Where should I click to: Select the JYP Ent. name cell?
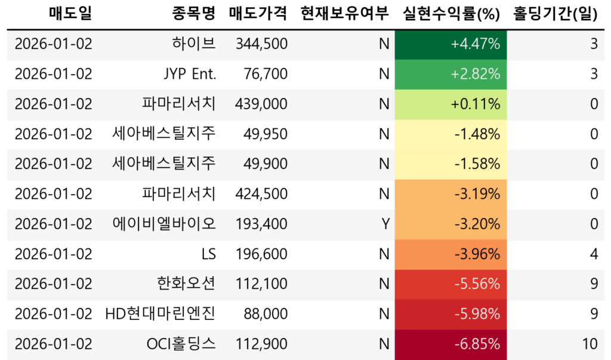(189, 74)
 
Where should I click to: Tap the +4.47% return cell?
(451, 44)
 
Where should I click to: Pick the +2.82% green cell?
(451, 74)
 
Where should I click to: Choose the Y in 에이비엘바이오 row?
(385, 224)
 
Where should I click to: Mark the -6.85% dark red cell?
(451, 344)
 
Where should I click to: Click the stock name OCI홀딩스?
(181, 344)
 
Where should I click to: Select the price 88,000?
(266, 314)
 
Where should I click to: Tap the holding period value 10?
(590, 344)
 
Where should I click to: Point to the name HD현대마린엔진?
(160, 314)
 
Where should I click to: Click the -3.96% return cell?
(451, 254)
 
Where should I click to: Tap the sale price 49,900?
(266, 164)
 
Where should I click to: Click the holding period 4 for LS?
(593, 254)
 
